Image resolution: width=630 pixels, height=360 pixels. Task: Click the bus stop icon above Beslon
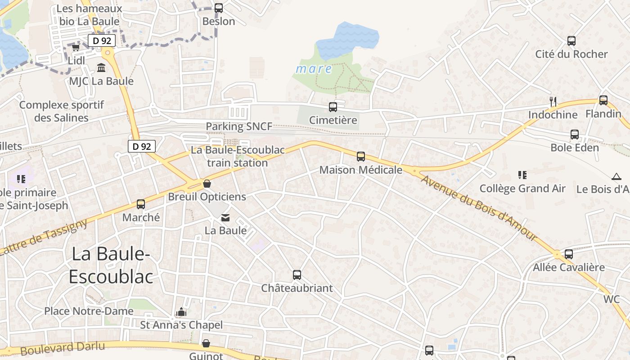pos(219,8)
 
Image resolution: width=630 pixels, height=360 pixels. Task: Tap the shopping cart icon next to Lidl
pos(76,47)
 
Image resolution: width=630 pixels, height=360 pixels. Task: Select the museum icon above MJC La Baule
pos(101,68)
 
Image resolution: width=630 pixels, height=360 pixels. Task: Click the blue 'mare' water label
pos(314,69)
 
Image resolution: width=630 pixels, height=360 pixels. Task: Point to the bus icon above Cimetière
pos(333,107)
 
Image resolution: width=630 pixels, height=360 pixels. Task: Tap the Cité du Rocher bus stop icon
pos(571,41)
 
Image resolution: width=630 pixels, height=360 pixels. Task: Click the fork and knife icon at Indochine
pos(553,101)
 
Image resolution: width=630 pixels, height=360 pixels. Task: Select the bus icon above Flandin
pos(603,100)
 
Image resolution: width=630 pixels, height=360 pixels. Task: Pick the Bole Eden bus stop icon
pos(575,135)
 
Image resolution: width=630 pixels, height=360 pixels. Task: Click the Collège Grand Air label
pos(522,189)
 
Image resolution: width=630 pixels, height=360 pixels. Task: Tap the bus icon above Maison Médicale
pos(361,157)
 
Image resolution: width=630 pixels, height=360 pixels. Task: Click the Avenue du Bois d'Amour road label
pos(479,208)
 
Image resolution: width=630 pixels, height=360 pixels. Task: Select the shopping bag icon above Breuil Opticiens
pos(207,184)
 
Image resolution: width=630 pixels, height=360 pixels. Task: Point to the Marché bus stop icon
pos(141,204)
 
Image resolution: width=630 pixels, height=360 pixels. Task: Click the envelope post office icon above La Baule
pos(225,218)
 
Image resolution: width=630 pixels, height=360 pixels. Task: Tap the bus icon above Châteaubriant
pos(297,275)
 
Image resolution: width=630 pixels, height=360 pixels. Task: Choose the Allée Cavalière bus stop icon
pos(569,254)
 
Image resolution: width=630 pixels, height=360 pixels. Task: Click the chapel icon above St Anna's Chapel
pos(181,312)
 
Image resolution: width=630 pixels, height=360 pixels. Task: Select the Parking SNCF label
pos(239,126)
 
